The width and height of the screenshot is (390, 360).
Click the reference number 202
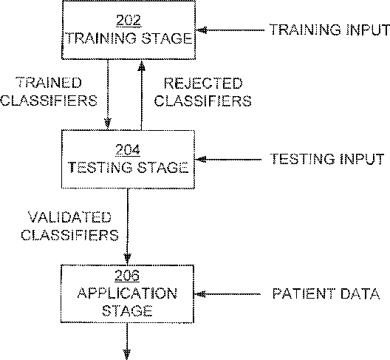(x=129, y=21)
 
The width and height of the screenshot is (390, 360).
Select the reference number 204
(x=128, y=150)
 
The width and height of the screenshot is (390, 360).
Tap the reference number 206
(x=127, y=276)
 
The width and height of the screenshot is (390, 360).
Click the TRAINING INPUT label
(x=329, y=30)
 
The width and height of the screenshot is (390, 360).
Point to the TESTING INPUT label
(x=327, y=159)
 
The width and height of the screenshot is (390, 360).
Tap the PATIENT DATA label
(x=326, y=293)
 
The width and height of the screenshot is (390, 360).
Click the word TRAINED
(x=49, y=83)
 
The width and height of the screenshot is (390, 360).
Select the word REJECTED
(x=203, y=84)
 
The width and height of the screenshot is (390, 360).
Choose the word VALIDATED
(x=69, y=217)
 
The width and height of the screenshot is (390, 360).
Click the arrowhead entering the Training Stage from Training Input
(x=202, y=30)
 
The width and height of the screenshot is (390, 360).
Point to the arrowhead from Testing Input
(x=201, y=160)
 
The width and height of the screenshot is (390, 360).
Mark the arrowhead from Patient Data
(x=199, y=294)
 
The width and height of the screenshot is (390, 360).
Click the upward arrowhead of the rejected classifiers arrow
(x=142, y=66)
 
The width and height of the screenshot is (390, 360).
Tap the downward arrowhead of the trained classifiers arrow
(x=107, y=123)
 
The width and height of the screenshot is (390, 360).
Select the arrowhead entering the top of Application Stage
(x=127, y=259)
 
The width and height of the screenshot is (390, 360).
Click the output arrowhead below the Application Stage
(x=127, y=354)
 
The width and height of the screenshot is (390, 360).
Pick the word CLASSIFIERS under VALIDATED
(x=70, y=235)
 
